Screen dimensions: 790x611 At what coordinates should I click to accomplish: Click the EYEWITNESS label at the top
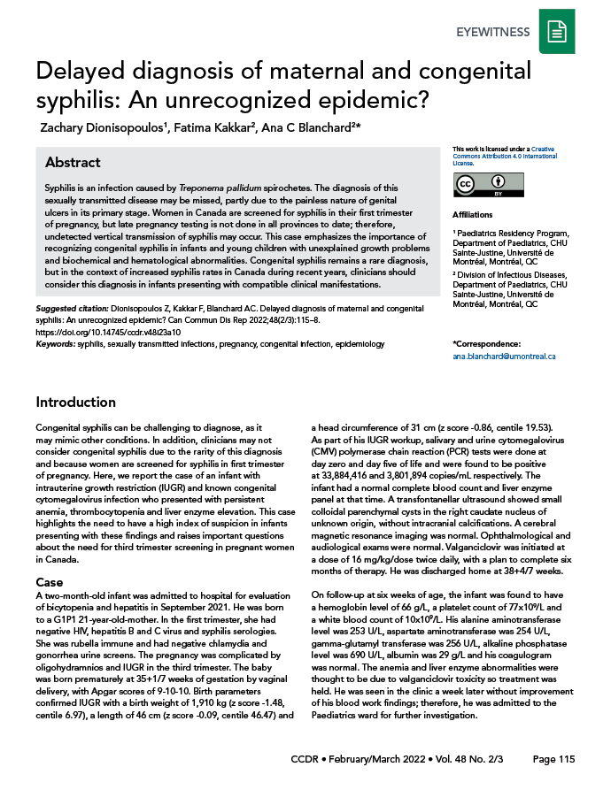point(493,33)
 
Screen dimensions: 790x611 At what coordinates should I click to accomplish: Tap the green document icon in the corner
point(557,33)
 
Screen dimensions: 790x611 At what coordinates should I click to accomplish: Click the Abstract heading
point(73,163)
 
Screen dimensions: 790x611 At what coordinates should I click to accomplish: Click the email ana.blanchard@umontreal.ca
point(503,356)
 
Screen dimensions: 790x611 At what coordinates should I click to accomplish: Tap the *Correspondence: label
point(487,343)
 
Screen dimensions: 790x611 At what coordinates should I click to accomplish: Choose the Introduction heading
point(75,402)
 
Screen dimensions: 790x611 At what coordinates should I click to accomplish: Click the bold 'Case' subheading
point(49,584)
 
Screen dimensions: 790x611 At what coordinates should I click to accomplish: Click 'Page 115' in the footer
point(554,760)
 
